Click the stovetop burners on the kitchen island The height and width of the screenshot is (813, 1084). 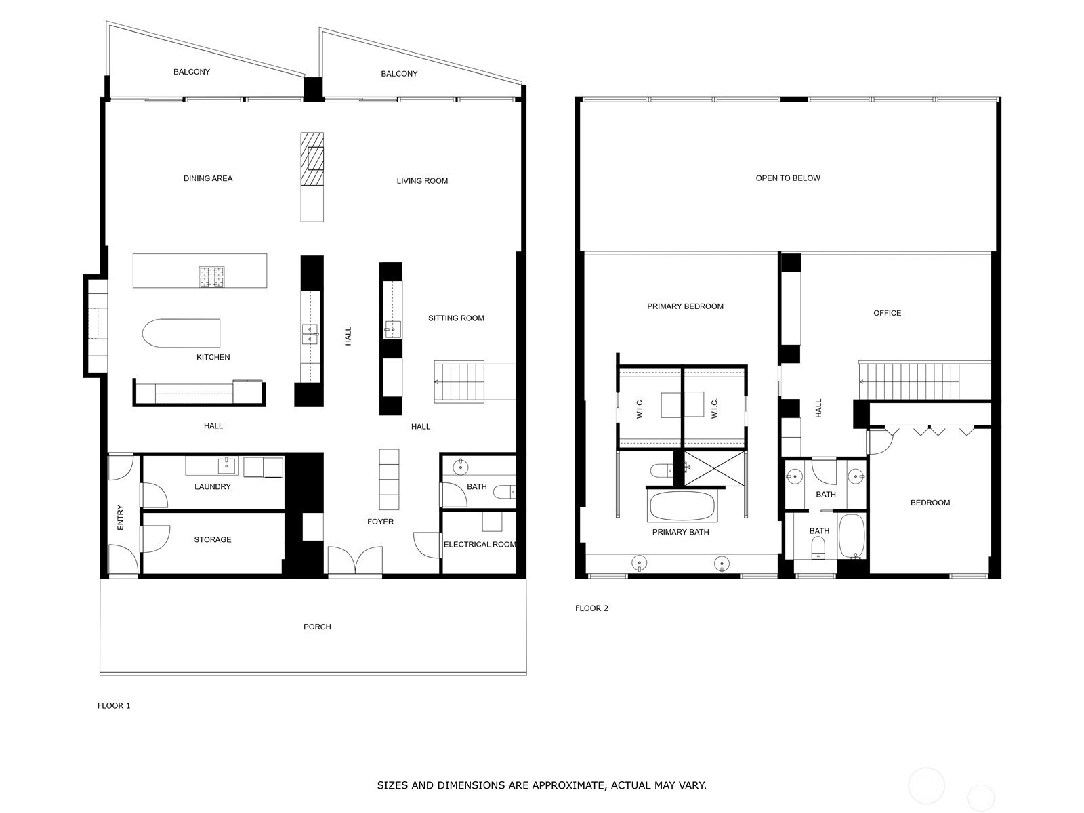[x=211, y=276]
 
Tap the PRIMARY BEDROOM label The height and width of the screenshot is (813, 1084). [x=685, y=306]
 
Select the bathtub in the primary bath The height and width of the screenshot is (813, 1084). [x=682, y=505]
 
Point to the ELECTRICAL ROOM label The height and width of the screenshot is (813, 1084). [x=480, y=545]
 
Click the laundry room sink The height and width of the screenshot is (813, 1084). [x=226, y=465]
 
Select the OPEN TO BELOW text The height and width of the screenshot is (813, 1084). [x=788, y=178]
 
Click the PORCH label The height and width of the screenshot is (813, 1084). [x=317, y=627]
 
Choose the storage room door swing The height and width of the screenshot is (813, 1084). [x=156, y=539]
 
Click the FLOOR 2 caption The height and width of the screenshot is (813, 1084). [x=591, y=608]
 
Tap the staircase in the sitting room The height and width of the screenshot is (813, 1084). [x=459, y=382]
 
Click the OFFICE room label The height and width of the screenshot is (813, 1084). [x=887, y=313]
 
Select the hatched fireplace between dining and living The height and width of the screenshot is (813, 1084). [x=312, y=159]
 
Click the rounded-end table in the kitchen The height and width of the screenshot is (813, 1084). [x=181, y=333]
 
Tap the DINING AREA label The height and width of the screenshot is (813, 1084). [x=207, y=179]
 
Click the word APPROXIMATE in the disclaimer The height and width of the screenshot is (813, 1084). [x=567, y=785]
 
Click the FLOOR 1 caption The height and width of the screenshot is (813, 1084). [x=114, y=705]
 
